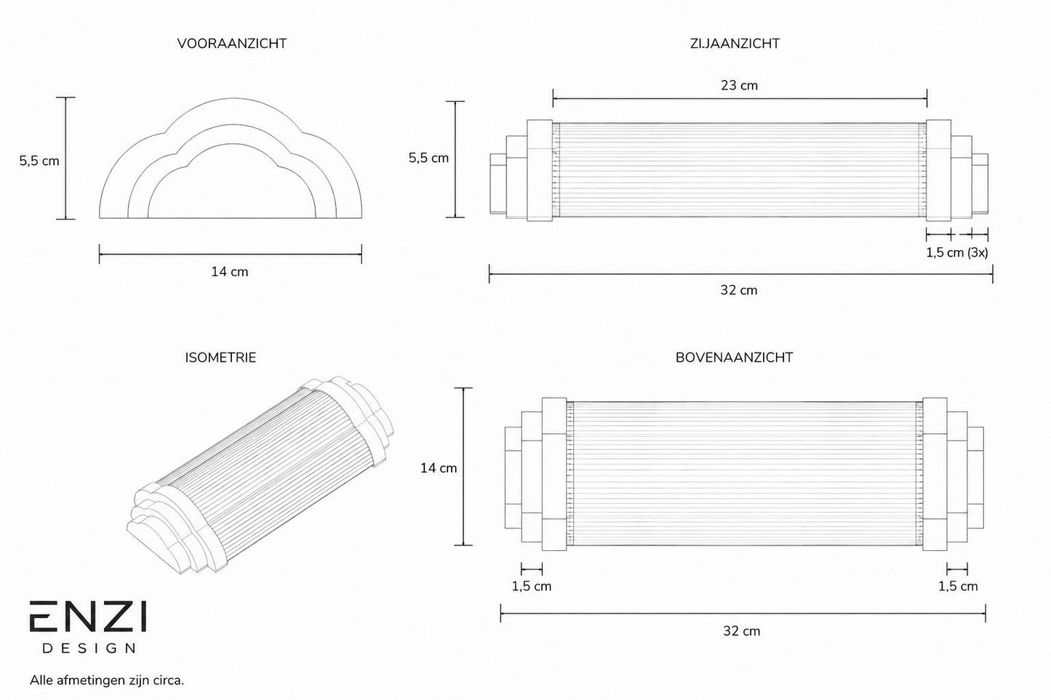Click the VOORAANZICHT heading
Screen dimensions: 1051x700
pos(232,44)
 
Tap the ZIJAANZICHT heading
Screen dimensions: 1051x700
pos(735,44)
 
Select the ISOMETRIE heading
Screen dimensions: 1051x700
pos(220,358)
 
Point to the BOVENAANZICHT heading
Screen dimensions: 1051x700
pos(735,358)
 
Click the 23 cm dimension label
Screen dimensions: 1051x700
pos(740,85)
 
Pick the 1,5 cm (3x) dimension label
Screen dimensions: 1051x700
pos(957,253)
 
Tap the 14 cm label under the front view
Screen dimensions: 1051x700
pos(230,272)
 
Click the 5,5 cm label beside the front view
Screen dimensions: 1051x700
pos(39,161)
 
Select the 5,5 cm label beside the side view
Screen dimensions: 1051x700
pos(429,158)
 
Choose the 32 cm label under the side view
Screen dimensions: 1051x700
pos(739,290)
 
